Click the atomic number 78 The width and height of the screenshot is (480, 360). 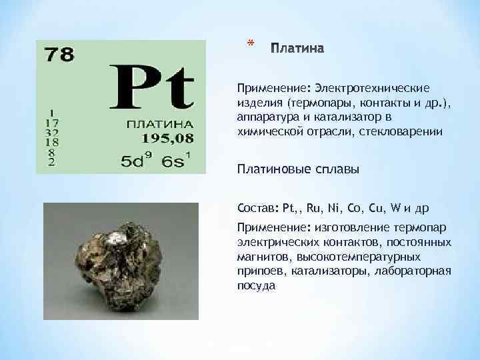pos(59,54)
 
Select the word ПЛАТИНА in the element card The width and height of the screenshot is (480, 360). pos(159,124)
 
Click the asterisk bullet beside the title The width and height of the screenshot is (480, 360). pos(250,45)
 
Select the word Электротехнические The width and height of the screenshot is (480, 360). pos(373,88)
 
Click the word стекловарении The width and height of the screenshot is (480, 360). pos(403,132)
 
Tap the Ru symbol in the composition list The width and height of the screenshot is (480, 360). pos(315,207)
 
